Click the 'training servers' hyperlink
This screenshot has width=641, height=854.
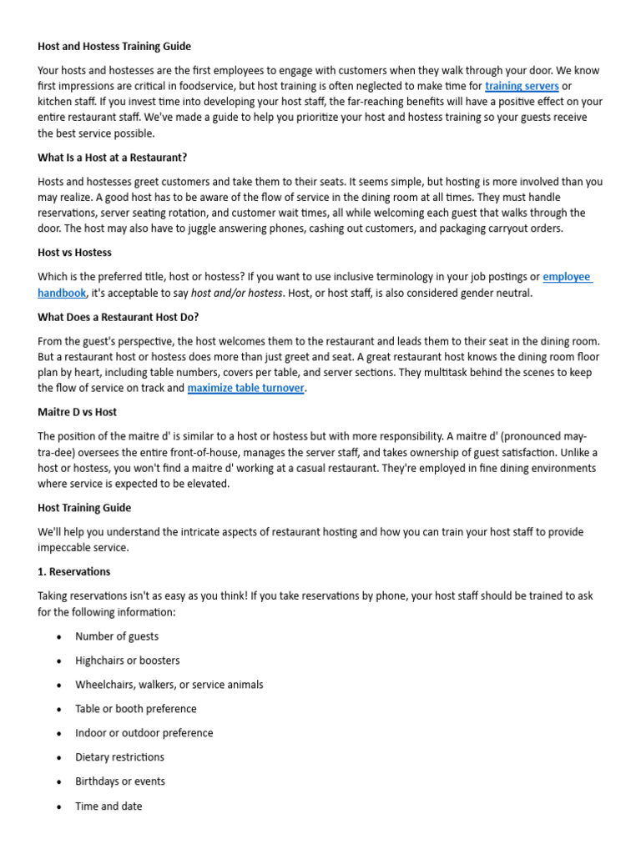(x=522, y=86)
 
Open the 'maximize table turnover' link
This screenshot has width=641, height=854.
(x=245, y=388)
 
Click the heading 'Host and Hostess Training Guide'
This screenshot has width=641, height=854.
(x=114, y=47)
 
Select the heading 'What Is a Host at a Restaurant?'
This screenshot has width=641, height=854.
(x=112, y=158)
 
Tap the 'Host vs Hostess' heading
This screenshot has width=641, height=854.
(x=74, y=253)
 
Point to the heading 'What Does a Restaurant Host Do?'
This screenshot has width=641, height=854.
(x=118, y=317)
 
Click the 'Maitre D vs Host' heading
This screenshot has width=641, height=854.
(x=77, y=412)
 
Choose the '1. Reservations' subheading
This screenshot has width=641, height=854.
(x=73, y=572)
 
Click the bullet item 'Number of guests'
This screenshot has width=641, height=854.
(x=117, y=636)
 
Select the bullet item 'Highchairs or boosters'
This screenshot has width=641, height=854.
(x=127, y=661)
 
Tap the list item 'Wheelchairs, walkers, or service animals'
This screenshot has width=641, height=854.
(x=169, y=685)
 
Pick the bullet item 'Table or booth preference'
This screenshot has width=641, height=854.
(x=136, y=709)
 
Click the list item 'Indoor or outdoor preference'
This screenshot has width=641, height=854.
(x=144, y=733)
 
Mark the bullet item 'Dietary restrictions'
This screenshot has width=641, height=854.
(x=119, y=757)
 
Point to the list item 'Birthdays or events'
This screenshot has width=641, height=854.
(x=120, y=781)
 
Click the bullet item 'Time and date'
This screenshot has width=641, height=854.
(x=109, y=806)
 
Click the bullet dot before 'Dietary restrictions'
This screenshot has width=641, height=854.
(x=58, y=758)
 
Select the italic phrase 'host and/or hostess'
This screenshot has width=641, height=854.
(x=237, y=293)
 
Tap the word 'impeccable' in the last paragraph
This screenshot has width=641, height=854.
(x=68, y=548)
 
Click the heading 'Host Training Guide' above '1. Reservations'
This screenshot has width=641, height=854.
(x=84, y=508)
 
